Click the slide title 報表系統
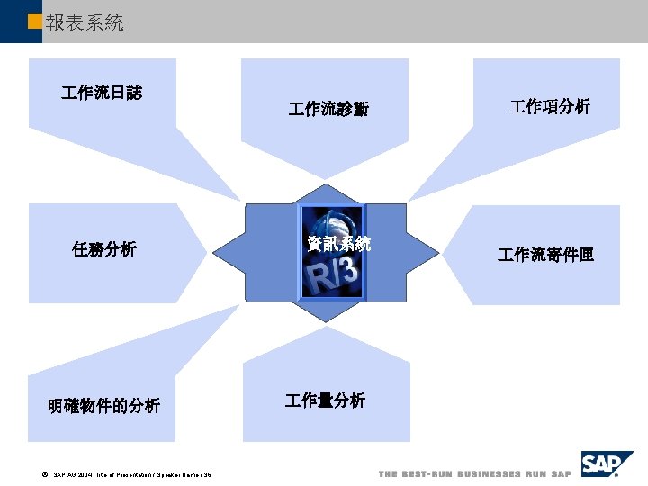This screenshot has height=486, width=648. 84,22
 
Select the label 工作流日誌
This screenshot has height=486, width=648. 102,92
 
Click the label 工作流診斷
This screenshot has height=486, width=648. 328,110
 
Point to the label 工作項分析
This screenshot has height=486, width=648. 550,107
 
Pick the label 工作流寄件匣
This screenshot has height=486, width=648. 545,256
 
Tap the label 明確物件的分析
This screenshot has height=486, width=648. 104,406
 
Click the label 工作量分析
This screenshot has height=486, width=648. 325,400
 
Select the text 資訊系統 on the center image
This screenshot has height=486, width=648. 337,243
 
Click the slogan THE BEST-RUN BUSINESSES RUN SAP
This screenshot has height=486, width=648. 474,473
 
